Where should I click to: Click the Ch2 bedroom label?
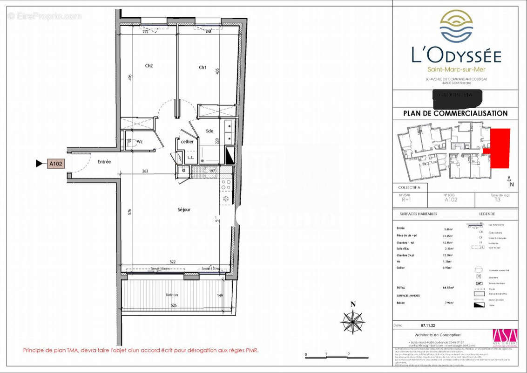149,66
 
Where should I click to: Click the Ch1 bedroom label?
203,68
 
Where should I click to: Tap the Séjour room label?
184,210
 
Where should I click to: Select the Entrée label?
104,162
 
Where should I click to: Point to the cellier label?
187,142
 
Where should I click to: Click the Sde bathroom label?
209,131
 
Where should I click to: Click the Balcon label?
172,295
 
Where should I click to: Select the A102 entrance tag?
56,164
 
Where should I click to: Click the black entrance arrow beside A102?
39,164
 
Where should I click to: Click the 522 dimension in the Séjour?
172,262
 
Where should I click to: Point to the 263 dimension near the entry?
145,171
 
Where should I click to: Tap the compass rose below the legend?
353,322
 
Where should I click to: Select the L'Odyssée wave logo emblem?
456,26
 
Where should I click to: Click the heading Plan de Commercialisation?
455,113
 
